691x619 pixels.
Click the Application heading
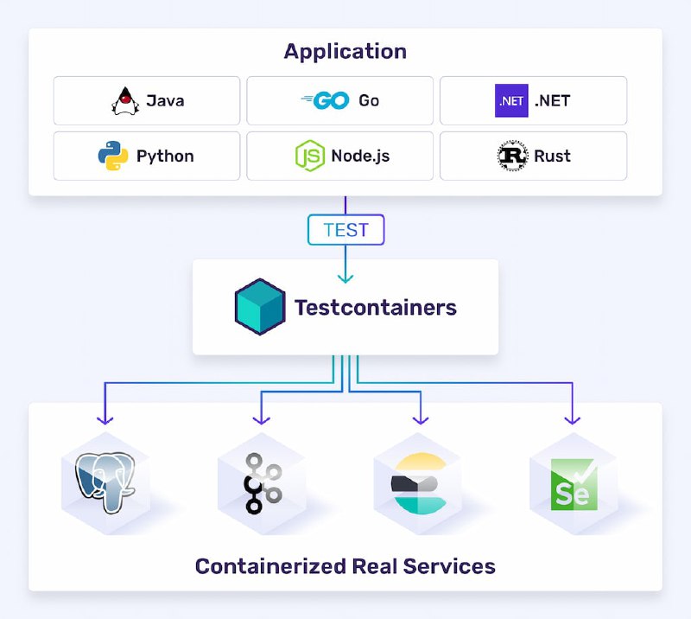pos(345,51)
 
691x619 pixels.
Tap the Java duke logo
pos(125,100)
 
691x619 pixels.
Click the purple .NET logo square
pos(510,100)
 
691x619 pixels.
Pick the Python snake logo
pos(112,156)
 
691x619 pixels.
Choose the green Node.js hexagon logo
pos(309,156)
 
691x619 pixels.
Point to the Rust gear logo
pos(512,156)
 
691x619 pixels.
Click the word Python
pos(165,156)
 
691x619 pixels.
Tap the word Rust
pos(552,156)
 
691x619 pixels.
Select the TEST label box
pos(345,230)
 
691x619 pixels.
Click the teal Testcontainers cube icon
pos(260,307)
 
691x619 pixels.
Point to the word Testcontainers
pos(375,307)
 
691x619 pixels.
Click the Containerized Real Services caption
pos(345,566)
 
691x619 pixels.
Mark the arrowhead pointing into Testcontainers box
pos(345,278)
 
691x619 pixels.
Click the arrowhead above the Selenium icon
pos(572,419)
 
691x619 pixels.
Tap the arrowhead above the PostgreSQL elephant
pos(105,419)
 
